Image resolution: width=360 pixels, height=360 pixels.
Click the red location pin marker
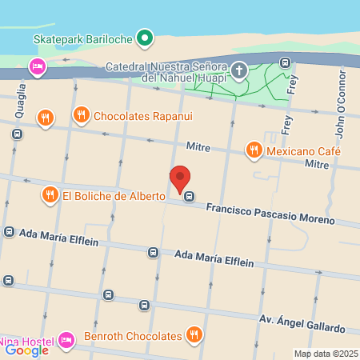pos(180,178)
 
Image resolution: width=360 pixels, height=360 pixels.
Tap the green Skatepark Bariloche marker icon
pos(145,37)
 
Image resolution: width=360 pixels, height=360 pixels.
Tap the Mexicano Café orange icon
pos(254,150)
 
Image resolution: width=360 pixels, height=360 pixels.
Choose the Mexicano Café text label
pos(302,150)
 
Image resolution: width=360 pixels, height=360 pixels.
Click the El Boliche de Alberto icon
pos(50,194)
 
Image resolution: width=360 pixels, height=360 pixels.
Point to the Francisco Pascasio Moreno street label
pos(270,212)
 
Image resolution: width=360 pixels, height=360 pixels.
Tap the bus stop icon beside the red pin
pos(189,195)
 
